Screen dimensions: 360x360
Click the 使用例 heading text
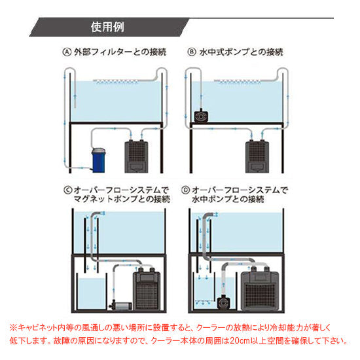[109, 28]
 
